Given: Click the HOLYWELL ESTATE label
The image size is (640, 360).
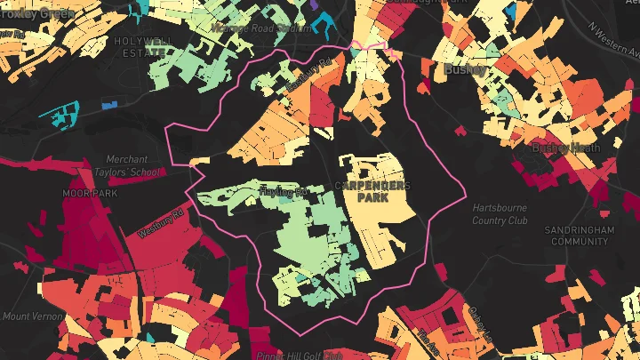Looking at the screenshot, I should [x=142, y=46].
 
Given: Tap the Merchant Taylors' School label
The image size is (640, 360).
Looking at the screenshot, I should [x=132, y=165].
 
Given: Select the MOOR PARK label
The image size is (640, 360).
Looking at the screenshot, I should [x=84, y=193].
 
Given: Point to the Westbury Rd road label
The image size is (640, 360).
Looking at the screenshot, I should [x=160, y=223].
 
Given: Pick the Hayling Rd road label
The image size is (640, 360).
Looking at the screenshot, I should [x=282, y=191].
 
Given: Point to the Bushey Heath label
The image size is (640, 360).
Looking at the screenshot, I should [x=566, y=148].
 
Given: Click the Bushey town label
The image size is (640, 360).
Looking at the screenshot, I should [x=465, y=68].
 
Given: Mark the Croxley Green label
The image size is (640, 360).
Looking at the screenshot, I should [x=36, y=12].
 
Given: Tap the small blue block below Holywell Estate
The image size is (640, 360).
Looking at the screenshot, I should [x=109, y=105].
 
